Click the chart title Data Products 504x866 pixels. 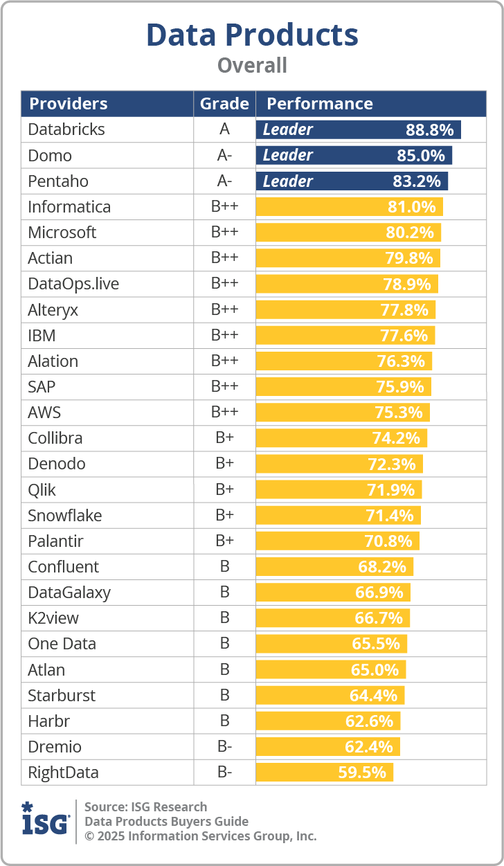[x=252, y=35]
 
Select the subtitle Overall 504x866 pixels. [x=252, y=66]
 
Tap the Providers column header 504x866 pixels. [x=68, y=104]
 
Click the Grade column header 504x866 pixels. [x=224, y=104]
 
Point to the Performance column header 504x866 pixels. [x=320, y=104]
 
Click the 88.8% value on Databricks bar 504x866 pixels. [x=429, y=129]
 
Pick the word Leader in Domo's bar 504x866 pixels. [x=288, y=155]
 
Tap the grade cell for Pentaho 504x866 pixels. [x=224, y=181]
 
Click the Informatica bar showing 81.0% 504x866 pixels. [x=349, y=207]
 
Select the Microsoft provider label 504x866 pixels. [x=62, y=233]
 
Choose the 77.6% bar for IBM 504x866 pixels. [x=345, y=336]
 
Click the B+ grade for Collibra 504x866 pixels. [x=224, y=438]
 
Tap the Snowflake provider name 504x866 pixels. [x=65, y=516]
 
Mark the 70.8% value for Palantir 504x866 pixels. [x=388, y=541]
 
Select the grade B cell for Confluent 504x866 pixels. [x=224, y=567]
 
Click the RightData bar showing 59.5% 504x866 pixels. [x=324, y=772]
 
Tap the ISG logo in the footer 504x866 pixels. [x=46, y=820]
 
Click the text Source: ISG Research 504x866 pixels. [x=145, y=806]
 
